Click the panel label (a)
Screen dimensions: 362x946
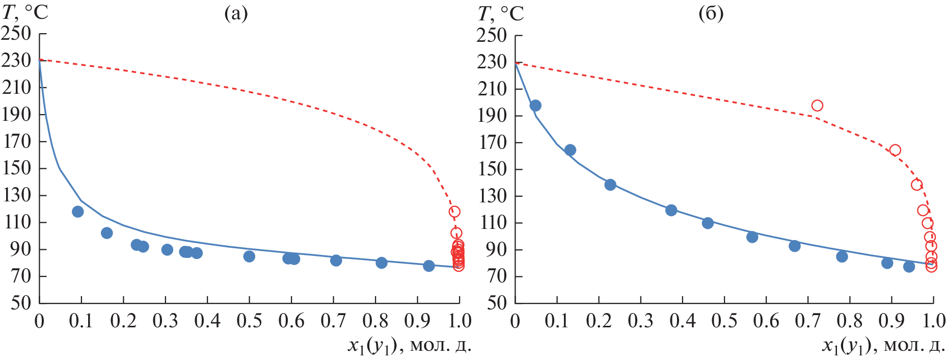pos(236,14)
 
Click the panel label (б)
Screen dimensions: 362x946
pos(711,14)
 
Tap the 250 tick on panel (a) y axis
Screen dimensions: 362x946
pos(16,34)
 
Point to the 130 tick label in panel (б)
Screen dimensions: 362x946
pos(492,195)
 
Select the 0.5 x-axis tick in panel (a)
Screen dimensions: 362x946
pos(249,321)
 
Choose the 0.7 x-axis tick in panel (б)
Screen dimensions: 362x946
pos(808,321)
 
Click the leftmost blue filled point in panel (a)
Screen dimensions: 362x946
pos(78,212)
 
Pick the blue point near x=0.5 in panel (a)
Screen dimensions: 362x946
pos(249,256)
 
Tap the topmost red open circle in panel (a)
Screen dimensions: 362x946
pos(454,212)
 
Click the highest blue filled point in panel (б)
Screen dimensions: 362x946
pos(535,106)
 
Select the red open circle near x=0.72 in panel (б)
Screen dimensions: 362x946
pos(817,106)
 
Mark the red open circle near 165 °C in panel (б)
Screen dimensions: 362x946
pos(895,150)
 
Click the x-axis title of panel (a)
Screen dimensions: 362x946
pos(410,346)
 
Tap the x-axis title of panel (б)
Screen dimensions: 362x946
pos(883,346)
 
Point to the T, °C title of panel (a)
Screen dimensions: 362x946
pos(25,12)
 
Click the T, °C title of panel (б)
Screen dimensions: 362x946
pos(501,14)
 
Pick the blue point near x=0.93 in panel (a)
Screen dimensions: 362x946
pos(429,266)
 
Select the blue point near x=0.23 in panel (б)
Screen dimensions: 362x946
pos(610,185)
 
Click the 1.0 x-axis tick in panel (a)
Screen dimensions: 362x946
pos(459,321)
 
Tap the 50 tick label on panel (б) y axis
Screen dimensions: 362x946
pos(496,303)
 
